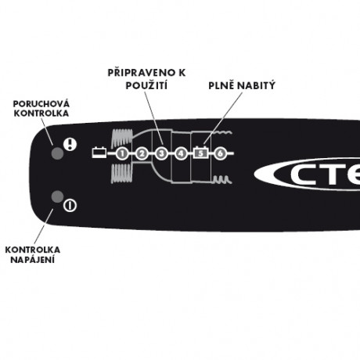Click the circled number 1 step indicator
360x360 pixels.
122,153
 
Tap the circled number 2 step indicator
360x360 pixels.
142,153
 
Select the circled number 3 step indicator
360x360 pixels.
161,153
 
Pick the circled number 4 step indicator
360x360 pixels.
181,153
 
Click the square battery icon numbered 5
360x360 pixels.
200,153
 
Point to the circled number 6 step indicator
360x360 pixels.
221,153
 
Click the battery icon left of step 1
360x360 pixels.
99,153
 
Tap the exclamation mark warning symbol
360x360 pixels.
70,144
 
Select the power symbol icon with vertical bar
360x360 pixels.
70,206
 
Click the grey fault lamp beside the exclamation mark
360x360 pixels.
57,153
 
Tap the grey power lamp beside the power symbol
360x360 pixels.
57,196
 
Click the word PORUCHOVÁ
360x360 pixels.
41,103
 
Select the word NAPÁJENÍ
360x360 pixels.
33,260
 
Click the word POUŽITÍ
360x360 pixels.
146,85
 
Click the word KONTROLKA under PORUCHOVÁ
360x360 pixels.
41,113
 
